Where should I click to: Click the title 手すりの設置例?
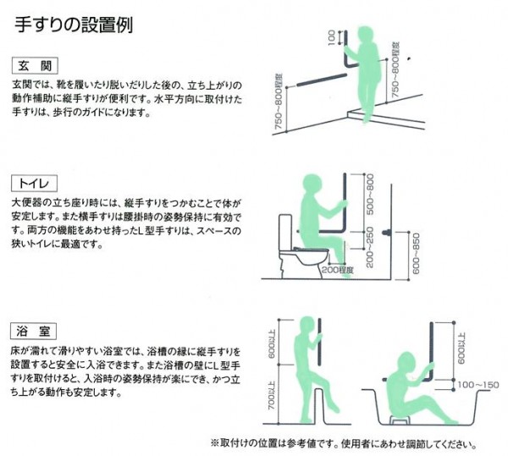(x=74, y=25)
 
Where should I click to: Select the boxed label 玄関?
(x=35, y=66)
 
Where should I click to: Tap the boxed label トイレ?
(x=34, y=184)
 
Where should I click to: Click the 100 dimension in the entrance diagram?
(x=331, y=37)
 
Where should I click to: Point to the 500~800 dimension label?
(x=370, y=195)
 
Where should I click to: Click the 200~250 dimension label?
(x=370, y=247)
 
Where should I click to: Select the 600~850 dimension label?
(x=417, y=254)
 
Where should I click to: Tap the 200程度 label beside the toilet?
(x=337, y=269)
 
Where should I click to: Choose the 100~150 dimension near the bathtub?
(x=478, y=385)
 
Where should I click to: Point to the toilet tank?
(x=285, y=232)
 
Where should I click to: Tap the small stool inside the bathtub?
(x=400, y=420)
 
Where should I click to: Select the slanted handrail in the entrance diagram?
(x=322, y=80)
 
